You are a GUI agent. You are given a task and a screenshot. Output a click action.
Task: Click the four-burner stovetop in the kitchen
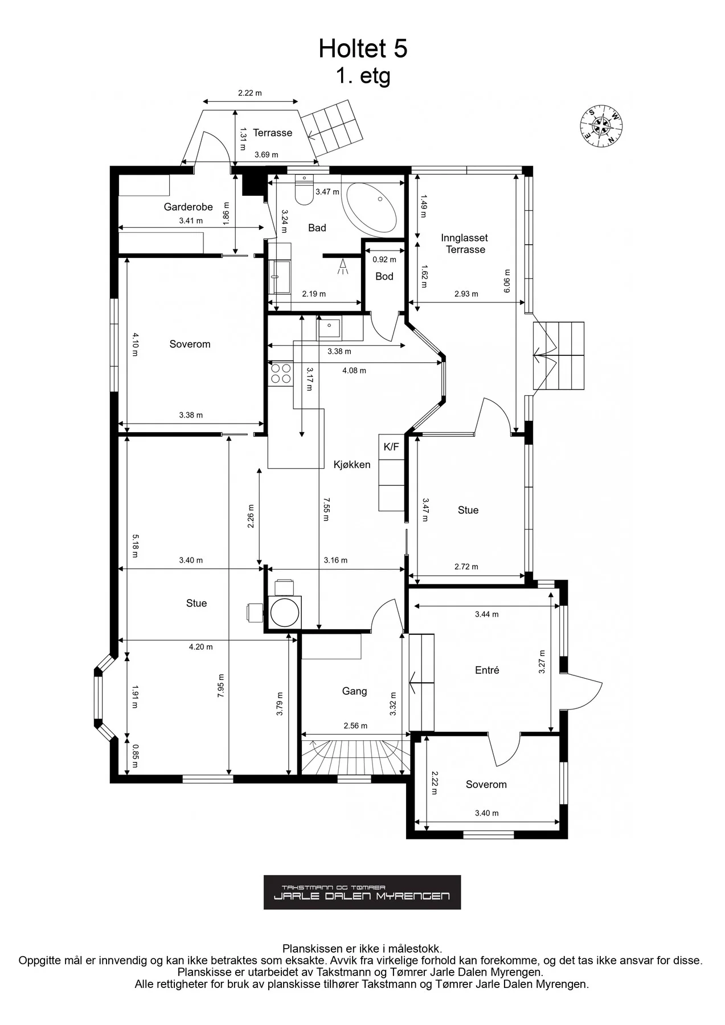pos(280,373)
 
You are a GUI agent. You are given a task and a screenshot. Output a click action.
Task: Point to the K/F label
pos(391,447)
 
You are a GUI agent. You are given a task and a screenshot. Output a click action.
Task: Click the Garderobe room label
pos(189,207)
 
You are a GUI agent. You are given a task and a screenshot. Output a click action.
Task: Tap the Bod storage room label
pos(384,276)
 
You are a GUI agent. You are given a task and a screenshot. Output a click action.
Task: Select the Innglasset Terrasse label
pos(465,244)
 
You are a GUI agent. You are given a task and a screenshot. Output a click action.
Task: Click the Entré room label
pos(487,670)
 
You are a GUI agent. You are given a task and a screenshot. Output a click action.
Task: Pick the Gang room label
pos(354,691)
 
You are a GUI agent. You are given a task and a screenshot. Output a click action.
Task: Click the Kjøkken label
pos(352,465)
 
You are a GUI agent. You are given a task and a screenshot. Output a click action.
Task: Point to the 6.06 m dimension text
pos(507,281)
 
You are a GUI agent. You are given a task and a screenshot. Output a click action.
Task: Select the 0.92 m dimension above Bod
pos(384,260)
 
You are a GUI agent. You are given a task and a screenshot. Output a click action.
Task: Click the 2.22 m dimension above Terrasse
pos(250,93)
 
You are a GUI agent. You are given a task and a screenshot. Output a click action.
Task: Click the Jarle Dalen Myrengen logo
pos(362,892)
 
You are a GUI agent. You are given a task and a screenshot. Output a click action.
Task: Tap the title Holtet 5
pos(363,49)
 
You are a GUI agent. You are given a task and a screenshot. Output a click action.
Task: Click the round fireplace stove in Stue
pos(284,613)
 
